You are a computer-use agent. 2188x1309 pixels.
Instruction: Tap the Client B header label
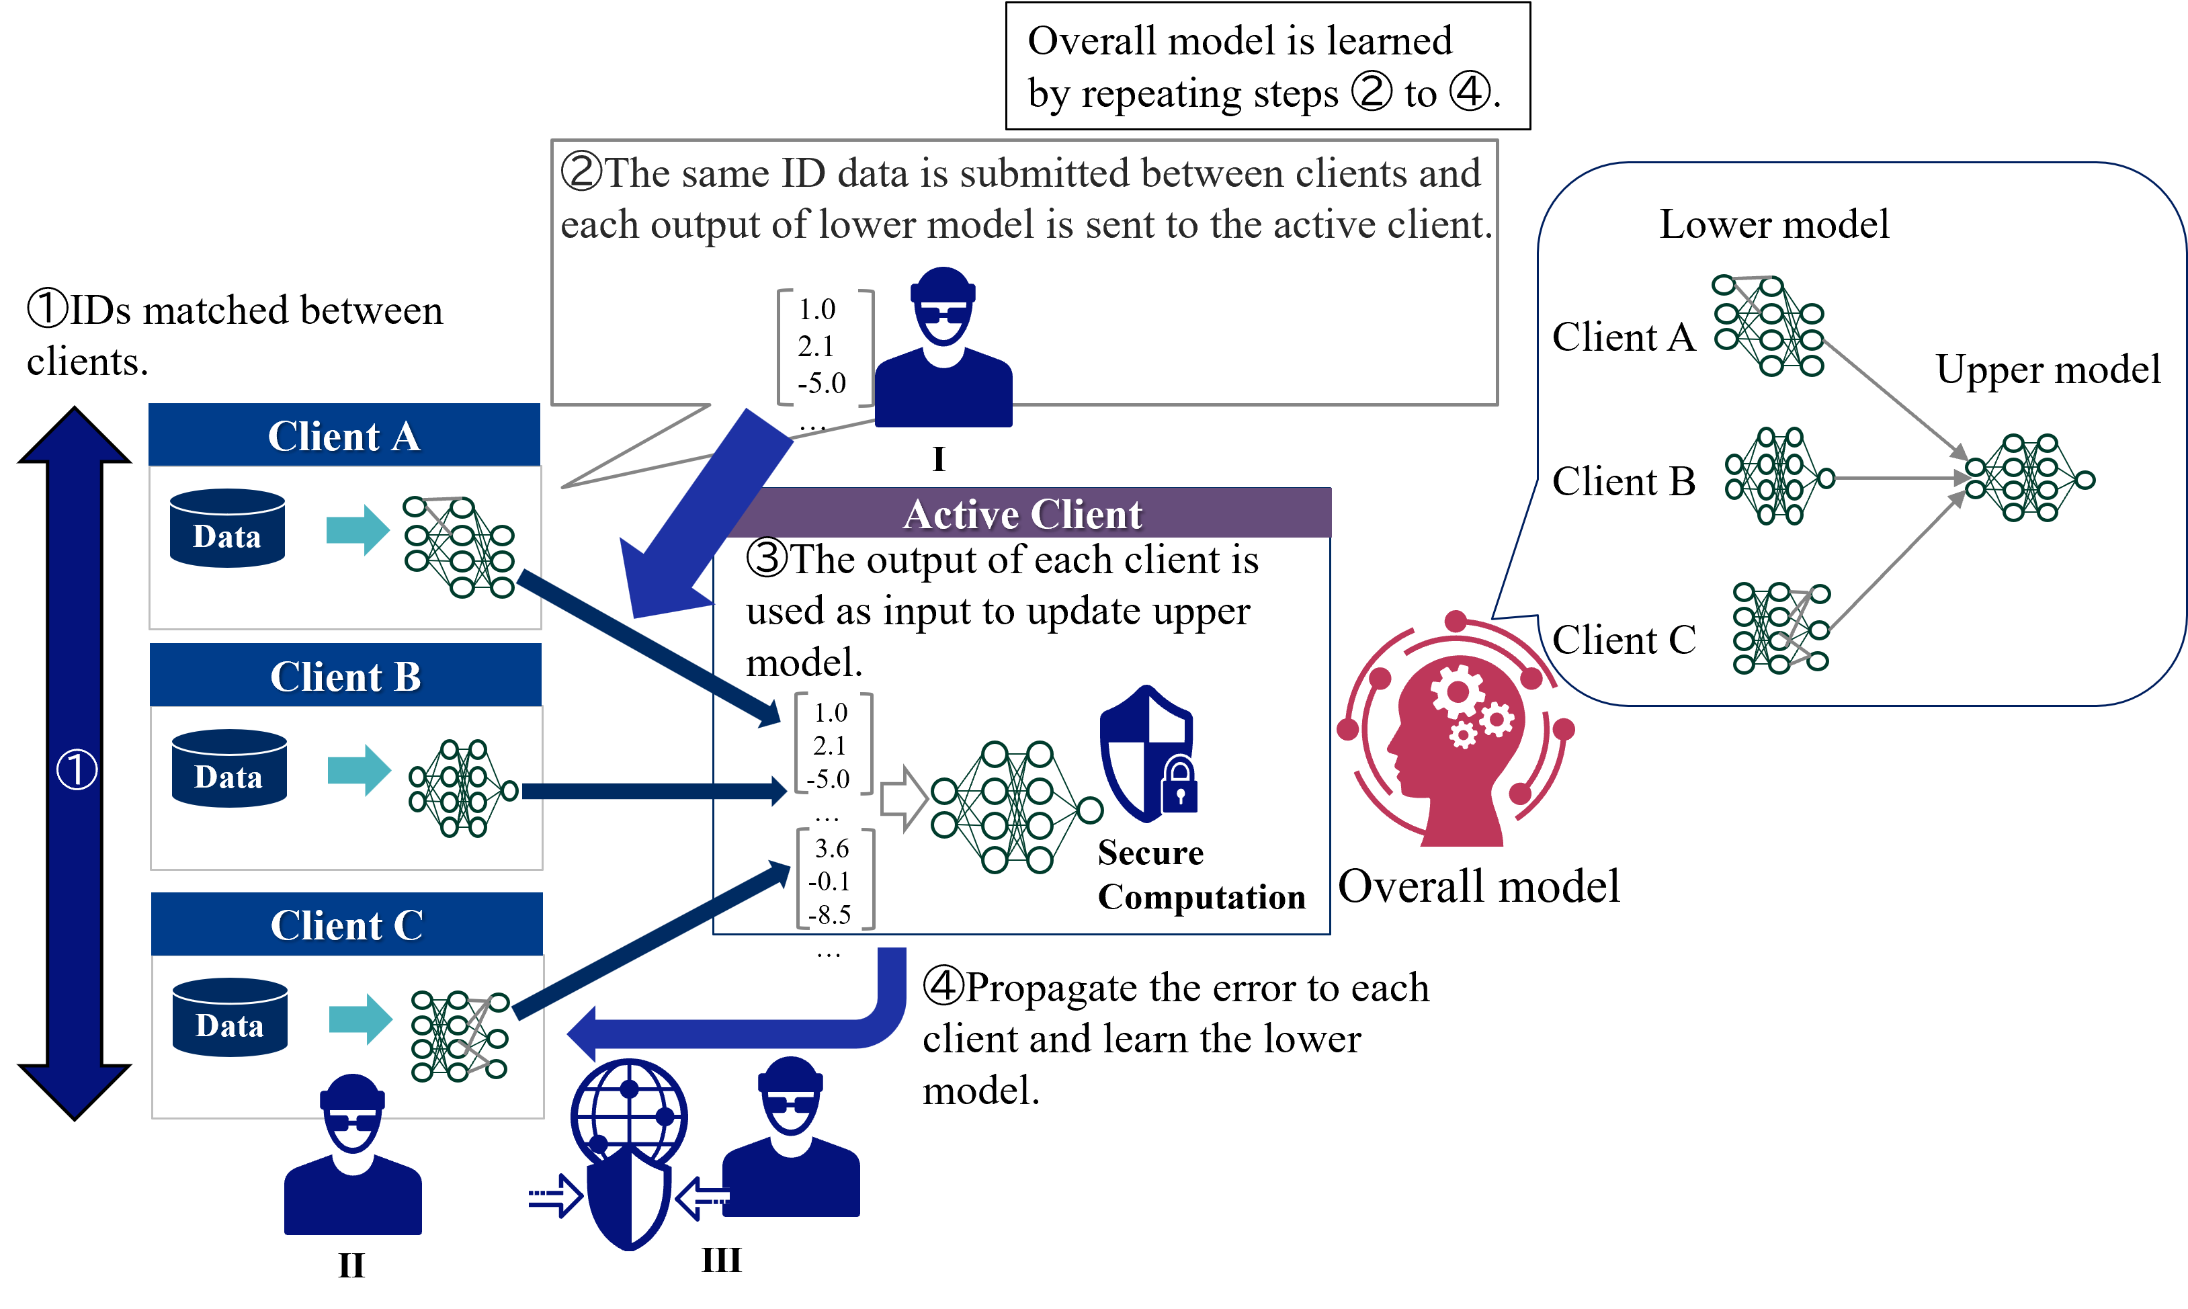345,677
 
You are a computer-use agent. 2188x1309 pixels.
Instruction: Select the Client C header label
347,925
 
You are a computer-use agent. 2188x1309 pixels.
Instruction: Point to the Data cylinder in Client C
230,1017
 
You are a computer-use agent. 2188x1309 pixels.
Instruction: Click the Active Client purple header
1022,514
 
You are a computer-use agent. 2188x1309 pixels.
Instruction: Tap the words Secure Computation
1200,874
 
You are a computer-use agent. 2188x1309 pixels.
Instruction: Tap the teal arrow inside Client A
357,530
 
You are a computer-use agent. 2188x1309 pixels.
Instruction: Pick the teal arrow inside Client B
359,770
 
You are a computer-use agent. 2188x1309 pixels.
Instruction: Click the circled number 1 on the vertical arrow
77,769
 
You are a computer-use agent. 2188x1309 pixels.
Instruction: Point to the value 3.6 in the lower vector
832,849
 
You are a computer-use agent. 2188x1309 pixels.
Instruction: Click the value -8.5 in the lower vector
830,915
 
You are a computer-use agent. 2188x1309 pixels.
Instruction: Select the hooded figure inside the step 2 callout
943,349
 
